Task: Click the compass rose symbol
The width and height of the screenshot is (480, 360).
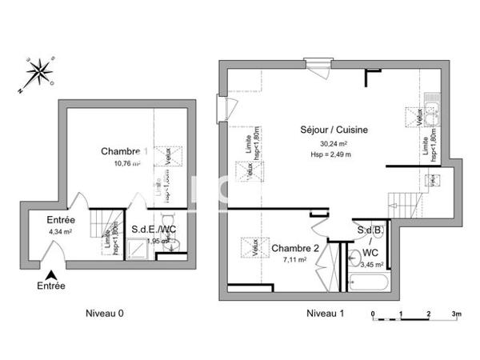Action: click(35, 73)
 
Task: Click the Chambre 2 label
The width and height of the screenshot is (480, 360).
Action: click(294, 248)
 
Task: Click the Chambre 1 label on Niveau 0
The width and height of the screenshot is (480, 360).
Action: click(124, 151)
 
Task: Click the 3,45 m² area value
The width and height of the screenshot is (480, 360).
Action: click(371, 263)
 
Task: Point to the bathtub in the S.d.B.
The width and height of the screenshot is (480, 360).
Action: click(368, 281)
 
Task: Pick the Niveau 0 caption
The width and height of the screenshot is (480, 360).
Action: click(105, 314)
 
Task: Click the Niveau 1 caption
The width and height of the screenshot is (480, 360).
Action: click(326, 314)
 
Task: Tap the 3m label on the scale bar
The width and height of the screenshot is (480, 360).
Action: click(456, 314)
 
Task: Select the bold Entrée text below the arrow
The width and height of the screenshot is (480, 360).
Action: click(51, 286)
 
